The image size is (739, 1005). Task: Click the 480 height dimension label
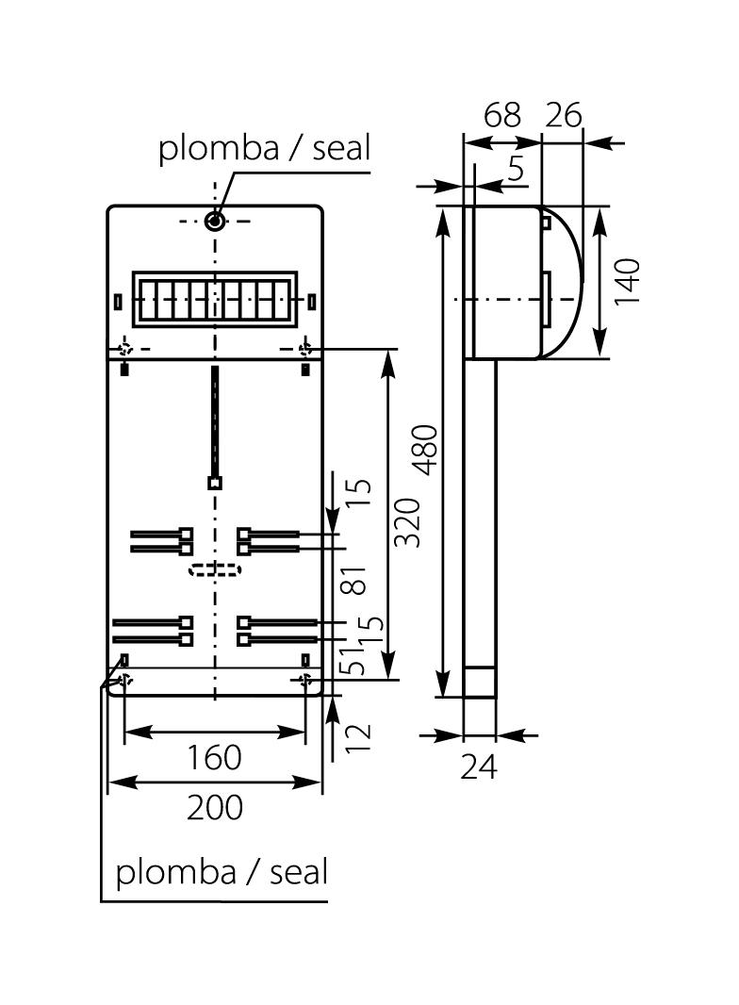pyautogui.click(x=426, y=450)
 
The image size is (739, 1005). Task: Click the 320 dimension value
pyautogui.click(x=407, y=521)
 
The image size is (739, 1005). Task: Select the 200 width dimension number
pyautogui.click(x=214, y=807)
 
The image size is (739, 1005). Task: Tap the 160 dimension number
pyautogui.click(x=214, y=756)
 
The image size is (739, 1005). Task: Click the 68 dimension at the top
pyautogui.click(x=501, y=115)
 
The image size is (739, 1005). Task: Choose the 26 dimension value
pyautogui.click(x=564, y=115)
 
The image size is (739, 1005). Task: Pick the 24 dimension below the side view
pyautogui.click(x=479, y=767)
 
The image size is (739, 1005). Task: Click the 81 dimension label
pyautogui.click(x=354, y=578)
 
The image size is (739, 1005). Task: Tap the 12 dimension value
pyautogui.click(x=358, y=735)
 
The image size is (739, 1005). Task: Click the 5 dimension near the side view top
pyautogui.click(x=516, y=169)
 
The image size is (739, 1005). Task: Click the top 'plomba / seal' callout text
pyautogui.click(x=265, y=148)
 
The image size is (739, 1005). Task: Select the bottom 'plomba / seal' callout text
pyautogui.click(x=222, y=872)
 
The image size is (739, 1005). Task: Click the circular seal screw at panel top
pyautogui.click(x=215, y=222)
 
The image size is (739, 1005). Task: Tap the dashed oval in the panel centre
pyautogui.click(x=215, y=569)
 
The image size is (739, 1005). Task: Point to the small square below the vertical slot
pyautogui.click(x=215, y=483)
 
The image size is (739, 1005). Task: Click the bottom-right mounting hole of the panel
pyautogui.click(x=304, y=679)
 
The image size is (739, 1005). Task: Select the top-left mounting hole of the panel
pyautogui.click(x=125, y=349)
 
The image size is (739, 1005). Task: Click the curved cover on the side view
pyautogui.click(x=564, y=283)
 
